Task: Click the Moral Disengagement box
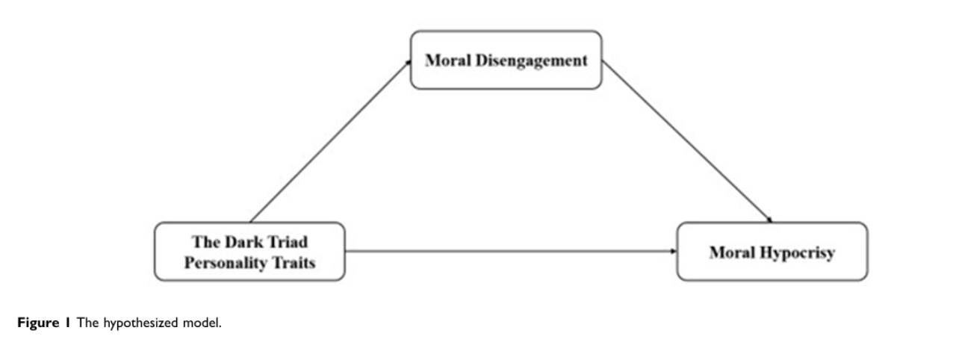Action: (x=506, y=60)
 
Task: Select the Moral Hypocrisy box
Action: (x=772, y=252)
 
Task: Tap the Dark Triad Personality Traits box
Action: (x=249, y=252)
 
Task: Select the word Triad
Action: (x=285, y=242)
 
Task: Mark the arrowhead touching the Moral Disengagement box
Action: (x=409, y=63)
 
